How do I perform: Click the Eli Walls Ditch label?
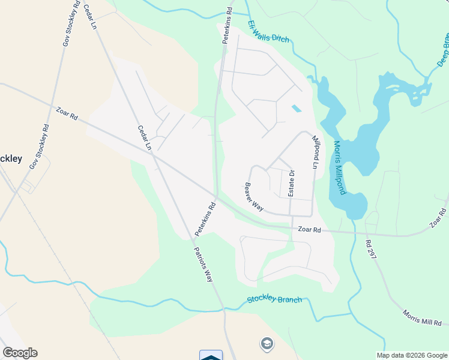[x=268, y=32]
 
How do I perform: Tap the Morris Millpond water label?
[x=339, y=168]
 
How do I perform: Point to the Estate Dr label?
[x=292, y=184]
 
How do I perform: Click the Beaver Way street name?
[x=254, y=197]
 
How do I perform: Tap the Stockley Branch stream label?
[x=274, y=299]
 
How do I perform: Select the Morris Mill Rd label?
[x=422, y=318]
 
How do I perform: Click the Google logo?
[x=20, y=353]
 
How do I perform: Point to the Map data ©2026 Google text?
[x=411, y=355]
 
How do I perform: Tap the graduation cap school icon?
[x=266, y=344]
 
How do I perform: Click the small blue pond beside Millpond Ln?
[x=296, y=109]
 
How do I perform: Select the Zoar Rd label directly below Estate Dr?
[x=309, y=229]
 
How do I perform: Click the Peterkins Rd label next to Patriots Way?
[x=204, y=219]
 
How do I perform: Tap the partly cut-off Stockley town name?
[x=11, y=159]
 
